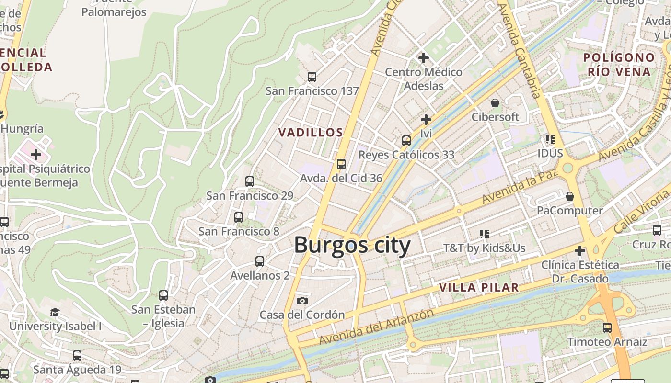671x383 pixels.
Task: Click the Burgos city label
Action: click(x=352, y=245)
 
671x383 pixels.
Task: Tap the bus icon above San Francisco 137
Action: click(x=312, y=77)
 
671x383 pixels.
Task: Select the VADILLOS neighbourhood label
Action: click(x=311, y=133)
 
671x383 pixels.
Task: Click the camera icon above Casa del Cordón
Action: click(x=302, y=301)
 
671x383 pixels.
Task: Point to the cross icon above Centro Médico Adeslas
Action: click(x=423, y=58)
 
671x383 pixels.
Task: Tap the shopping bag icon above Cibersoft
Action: click(x=495, y=103)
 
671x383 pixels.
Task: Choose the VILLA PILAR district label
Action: click(x=479, y=288)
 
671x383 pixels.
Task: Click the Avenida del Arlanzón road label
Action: click(x=376, y=327)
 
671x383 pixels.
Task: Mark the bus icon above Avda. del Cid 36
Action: click(x=341, y=164)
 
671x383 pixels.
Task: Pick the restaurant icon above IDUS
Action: click(x=550, y=139)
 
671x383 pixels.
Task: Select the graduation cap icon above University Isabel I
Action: click(x=55, y=313)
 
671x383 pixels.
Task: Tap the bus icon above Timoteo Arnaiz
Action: click(x=607, y=328)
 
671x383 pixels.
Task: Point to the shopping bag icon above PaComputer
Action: click(x=570, y=196)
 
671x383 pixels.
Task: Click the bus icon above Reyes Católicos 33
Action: click(x=406, y=141)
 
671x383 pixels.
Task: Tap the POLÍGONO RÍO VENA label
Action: click(x=619, y=65)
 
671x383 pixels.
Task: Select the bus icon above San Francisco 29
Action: click(x=250, y=181)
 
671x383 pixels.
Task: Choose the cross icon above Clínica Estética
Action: click(x=580, y=250)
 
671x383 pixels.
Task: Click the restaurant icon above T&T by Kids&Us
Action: click(x=485, y=234)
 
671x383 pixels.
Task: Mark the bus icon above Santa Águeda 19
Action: click(x=77, y=356)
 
